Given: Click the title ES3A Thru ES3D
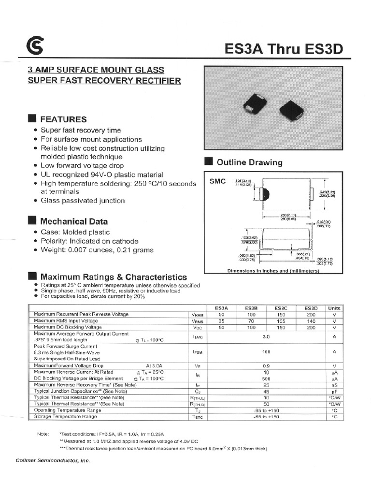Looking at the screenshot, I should point(284,49).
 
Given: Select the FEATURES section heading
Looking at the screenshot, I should point(63,119).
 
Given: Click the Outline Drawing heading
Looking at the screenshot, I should point(249,162).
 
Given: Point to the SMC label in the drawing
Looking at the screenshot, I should point(217,182).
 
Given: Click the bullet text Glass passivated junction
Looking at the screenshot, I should point(83,201).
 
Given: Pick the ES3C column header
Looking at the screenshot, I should point(281,308).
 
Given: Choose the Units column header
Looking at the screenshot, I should point(334,308).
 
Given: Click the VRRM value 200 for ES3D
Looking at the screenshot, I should point(311,314).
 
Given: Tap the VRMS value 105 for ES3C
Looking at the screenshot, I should point(281,320).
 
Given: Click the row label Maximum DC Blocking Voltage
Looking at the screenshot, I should point(68,327).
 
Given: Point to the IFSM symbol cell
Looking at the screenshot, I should point(197,352).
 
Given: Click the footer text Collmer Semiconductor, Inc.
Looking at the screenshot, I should point(53,461).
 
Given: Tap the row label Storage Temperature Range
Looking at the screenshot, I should point(65,416).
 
